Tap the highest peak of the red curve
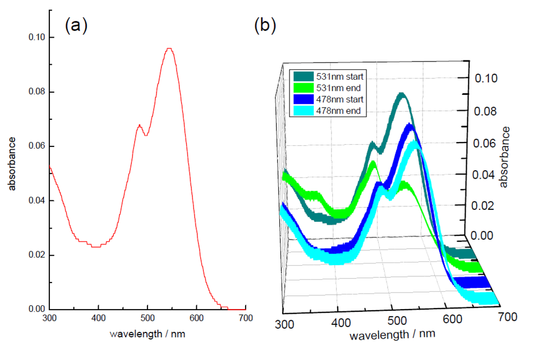pyautogui.click(x=169, y=49)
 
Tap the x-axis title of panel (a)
pyautogui.click(x=147, y=335)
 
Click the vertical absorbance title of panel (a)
pyautogui.click(x=12, y=163)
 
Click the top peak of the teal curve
pyautogui.click(x=402, y=95)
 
